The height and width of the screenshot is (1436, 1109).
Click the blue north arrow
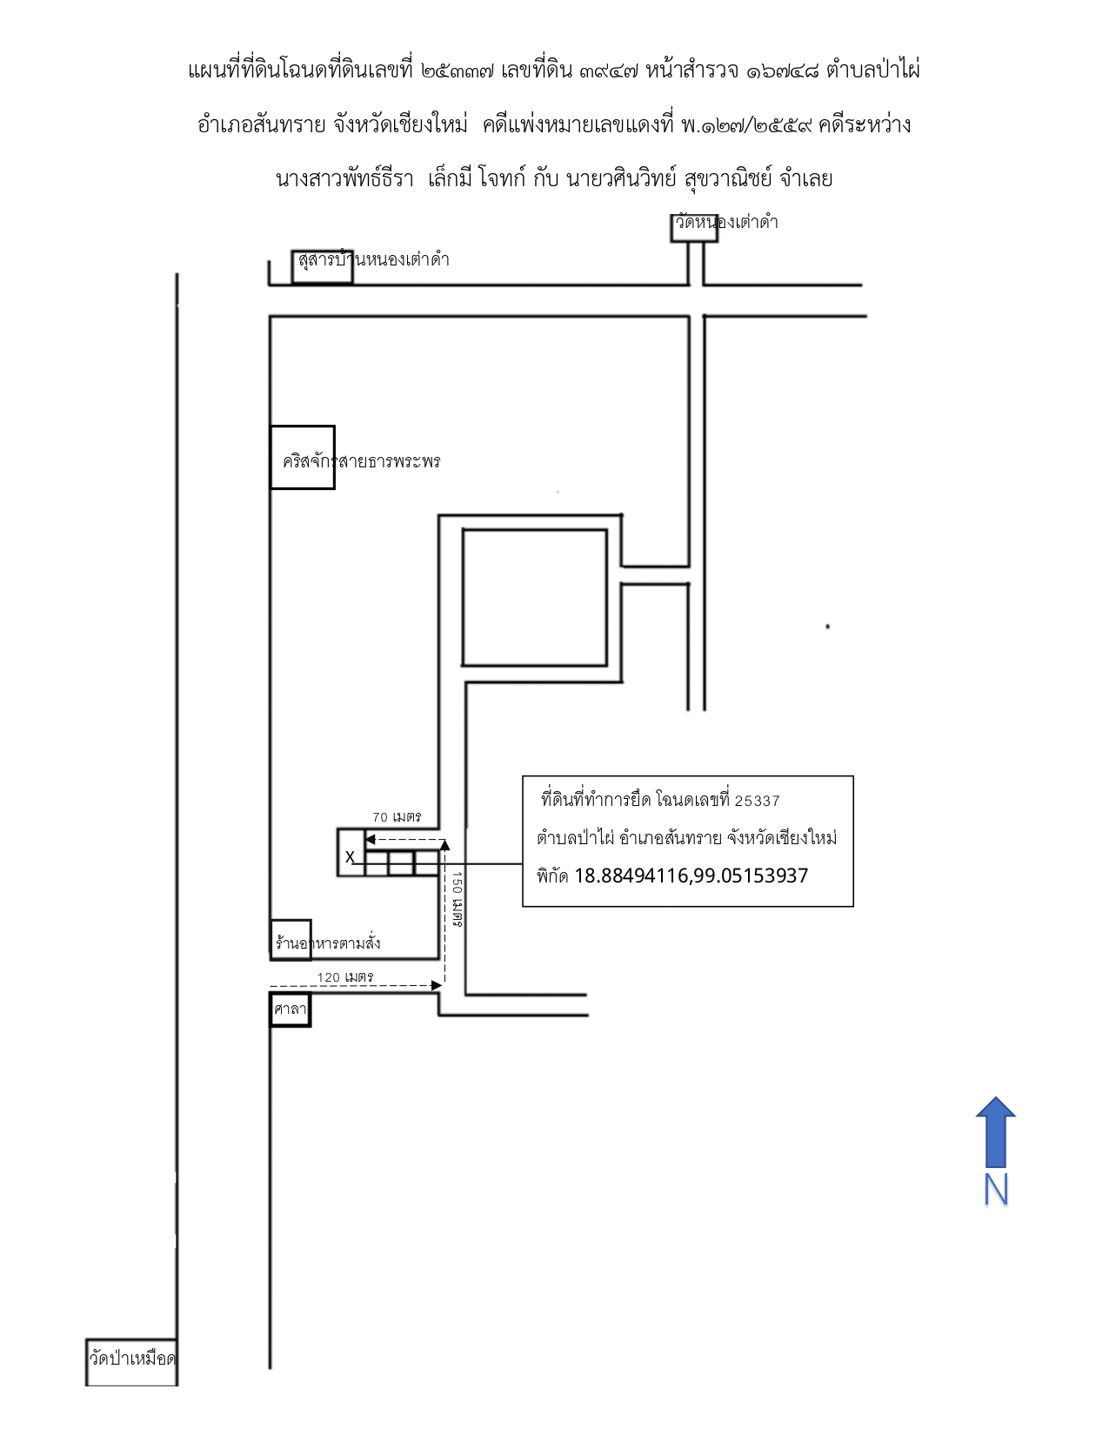(x=995, y=1132)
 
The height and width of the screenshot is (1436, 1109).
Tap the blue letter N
(x=995, y=1191)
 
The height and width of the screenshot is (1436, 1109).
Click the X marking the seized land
(x=350, y=857)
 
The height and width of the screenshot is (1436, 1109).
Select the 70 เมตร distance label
(x=397, y=817)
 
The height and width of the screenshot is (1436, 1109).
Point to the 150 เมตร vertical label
(x=457, y=899)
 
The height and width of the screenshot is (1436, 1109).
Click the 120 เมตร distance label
(x=344, y=976)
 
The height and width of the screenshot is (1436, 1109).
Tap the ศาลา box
(x=290, y=1009)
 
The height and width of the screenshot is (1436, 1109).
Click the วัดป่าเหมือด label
(x=132, y=1359)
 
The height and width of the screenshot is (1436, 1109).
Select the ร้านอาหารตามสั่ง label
(x=328, y=943)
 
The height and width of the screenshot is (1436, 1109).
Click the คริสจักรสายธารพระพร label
(x=361, y=461)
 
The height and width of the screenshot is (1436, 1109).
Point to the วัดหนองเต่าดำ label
(x=726, y=222)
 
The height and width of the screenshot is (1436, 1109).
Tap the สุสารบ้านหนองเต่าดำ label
(x=373, y=259)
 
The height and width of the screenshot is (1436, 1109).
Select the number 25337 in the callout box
(x=757, y=801)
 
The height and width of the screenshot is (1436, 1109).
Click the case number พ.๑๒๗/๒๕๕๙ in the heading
(x=746, y=124)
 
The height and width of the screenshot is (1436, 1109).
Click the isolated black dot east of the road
(x=828, y=627)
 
